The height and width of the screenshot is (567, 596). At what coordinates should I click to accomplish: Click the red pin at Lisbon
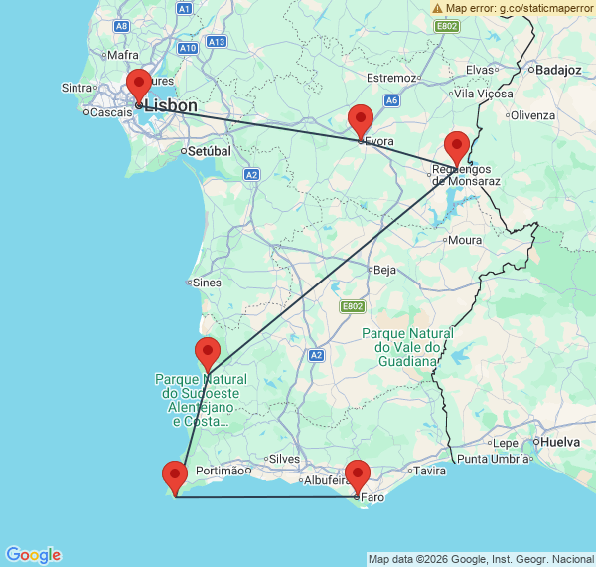(x=139, y=85)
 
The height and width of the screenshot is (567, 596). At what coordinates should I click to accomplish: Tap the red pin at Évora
(x=361, y=120)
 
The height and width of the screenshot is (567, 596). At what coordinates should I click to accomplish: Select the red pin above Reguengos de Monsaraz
(x=456, y=146)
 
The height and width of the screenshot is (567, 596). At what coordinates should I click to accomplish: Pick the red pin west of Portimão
(x=175, y=476)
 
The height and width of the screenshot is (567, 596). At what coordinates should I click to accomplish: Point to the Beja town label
(x=383, y=269)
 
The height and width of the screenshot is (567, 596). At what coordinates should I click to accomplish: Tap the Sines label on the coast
(x=208, y=283)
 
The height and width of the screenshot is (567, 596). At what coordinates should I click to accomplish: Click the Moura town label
(x=465, y=240)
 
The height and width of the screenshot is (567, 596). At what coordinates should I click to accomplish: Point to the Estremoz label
(x=390, y=78)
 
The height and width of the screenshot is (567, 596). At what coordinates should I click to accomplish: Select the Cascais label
(x=111, y=112)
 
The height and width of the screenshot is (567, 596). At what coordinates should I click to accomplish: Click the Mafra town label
(x=125, y=55)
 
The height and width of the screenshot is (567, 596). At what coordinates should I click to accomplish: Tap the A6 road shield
(x=392, y=100)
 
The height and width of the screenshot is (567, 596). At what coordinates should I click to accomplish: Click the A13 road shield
(x=218, y=42)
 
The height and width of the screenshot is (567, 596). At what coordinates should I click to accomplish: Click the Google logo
(x=33, y=554)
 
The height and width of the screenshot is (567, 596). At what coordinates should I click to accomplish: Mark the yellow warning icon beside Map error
(x=437, y=8)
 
